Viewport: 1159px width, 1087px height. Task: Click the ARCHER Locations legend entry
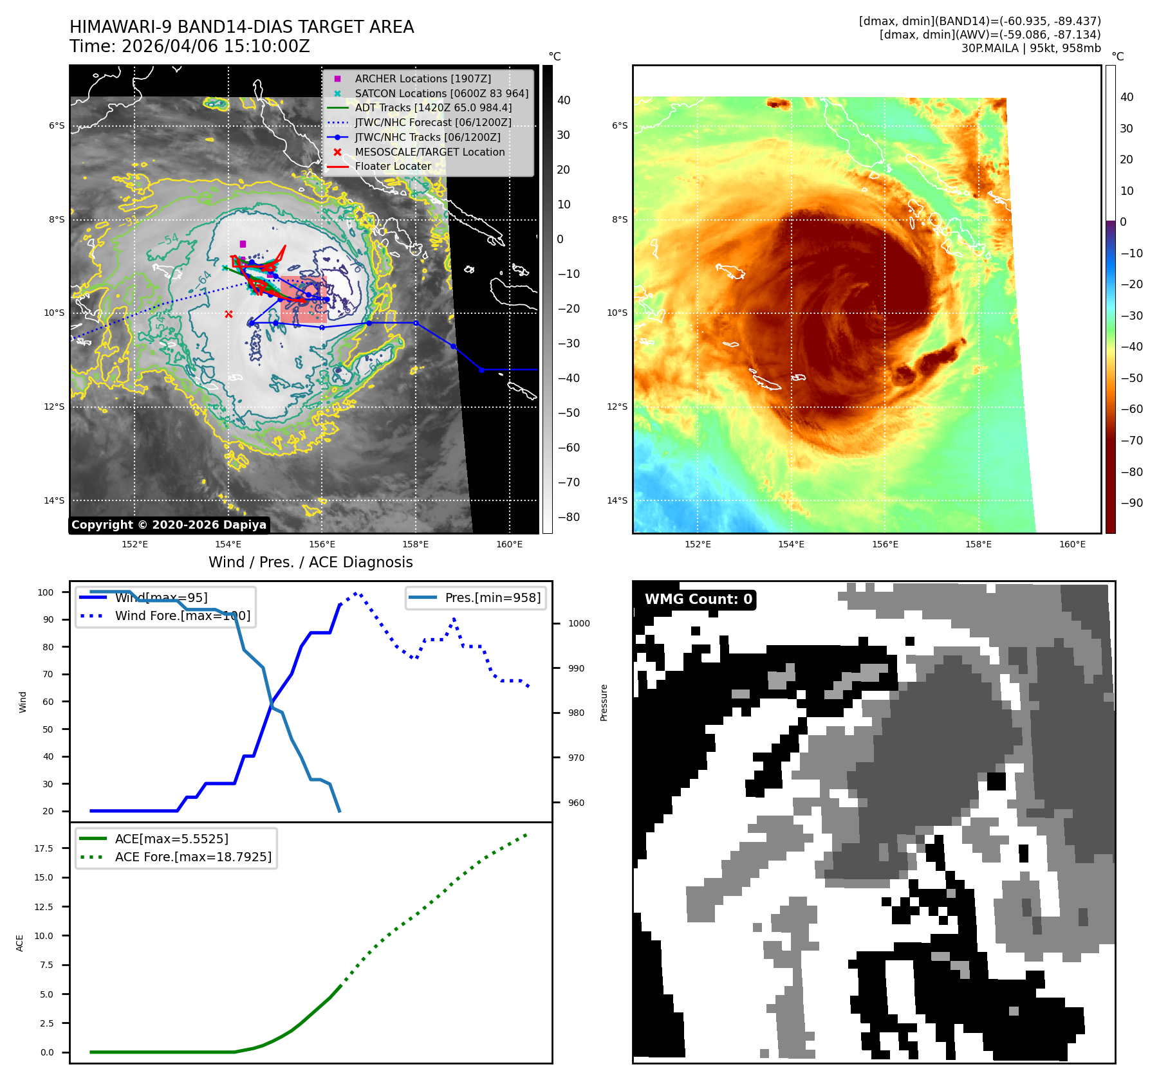[x=423, y=78]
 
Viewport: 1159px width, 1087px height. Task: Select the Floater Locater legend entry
[x=393, y=166]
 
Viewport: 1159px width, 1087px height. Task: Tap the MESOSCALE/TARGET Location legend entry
[x=429, y=152]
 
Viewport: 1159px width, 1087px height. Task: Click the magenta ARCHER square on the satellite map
[x=243, y=244]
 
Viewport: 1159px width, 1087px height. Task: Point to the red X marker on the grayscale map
[x=228, y=314]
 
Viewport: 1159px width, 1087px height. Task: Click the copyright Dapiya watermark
[x=169, y=525]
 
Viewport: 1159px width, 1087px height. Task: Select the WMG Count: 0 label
[x=698, y=599]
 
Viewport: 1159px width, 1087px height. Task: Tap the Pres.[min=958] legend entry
[x=492, y=598]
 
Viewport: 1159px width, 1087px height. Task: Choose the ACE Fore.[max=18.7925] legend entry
[x=193, y=857]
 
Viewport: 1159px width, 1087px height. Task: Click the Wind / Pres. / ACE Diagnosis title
[x=311, y=562]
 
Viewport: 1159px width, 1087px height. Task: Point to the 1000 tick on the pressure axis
[x=579, y=623]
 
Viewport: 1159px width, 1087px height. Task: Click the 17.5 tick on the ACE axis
[x=44, y=848]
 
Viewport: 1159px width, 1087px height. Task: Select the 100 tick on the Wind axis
[x=46, y=592]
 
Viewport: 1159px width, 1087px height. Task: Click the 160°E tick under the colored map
[x=1072, y=544]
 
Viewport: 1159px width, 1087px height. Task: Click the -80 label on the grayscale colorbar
[x=568, y=517]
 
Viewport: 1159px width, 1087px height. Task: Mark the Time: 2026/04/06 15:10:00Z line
[x=190, y=46]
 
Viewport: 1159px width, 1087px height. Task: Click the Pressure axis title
[x=604, y=702]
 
